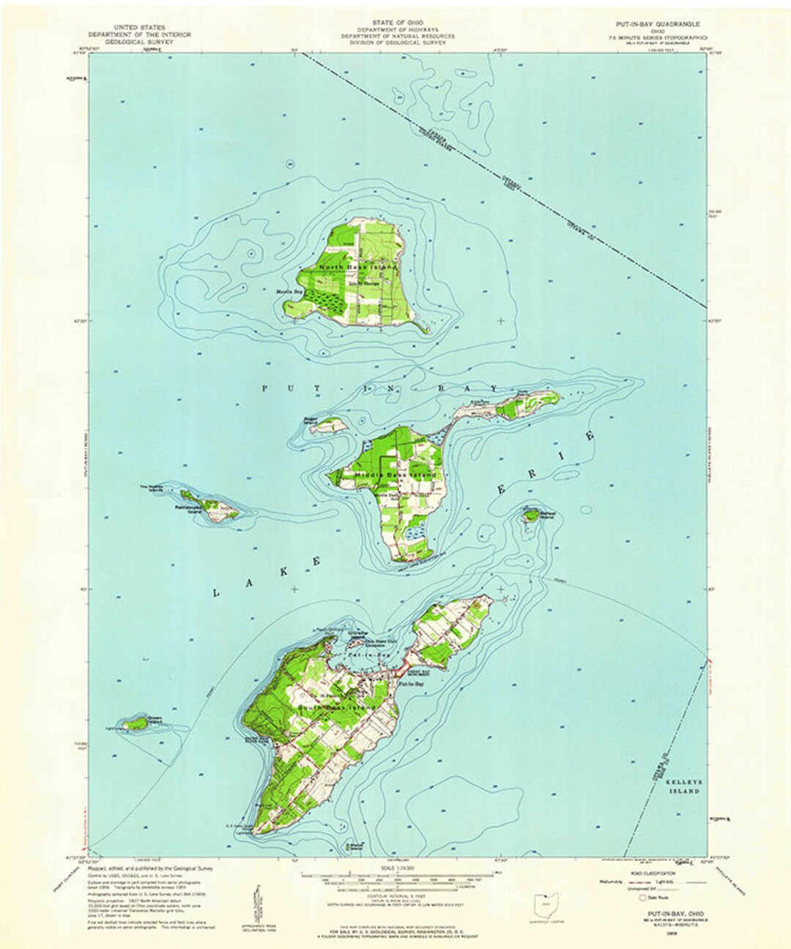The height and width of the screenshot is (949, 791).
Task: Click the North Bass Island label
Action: [357, 268]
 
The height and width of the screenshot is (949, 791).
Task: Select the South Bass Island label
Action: [336, 709]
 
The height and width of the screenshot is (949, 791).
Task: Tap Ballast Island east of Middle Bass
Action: [531, 516]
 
